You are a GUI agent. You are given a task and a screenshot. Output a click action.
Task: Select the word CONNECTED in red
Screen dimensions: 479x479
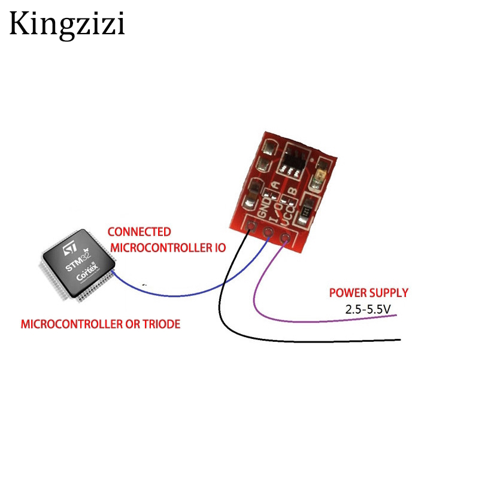click(138, 232)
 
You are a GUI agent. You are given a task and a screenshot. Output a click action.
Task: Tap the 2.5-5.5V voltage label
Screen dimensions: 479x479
click(368, 308)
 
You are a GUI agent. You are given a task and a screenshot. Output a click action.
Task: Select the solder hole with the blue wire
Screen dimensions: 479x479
click(268, 234)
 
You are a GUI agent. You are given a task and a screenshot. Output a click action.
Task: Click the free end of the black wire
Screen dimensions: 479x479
click(399, 341)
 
